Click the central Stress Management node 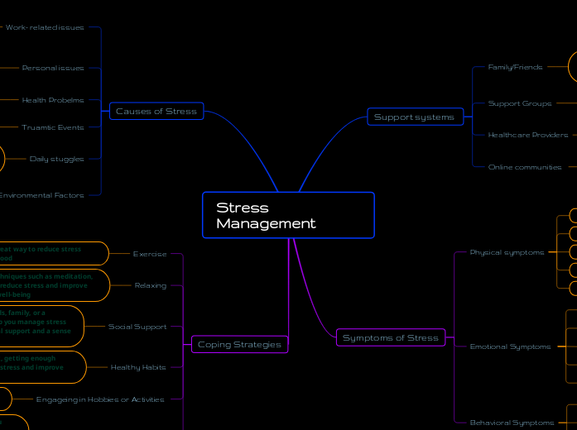pyautogui.click(x=288, y=215)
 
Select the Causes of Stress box pyautogui.click(x=156, y=111)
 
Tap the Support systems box pyautogui.click(x=414, y=117)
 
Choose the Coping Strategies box pyautogui.click(x=239, y=344)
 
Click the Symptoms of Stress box pyautogui.click(x=391, y=337)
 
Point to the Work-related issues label pyautogui.click(x=45, y=27)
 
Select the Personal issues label pyautogui.click(x=53, y=68)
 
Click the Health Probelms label pyautogui.click(x=53, y=100)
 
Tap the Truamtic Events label pyautogui.click(x=53, y=127)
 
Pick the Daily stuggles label pyautogui.click(x=56, y=159)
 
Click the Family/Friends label pyautogui.click(x=515, y=67)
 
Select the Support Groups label pyautogui.click(x=520, y=103)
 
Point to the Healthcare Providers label pyautogui.click(x=528, y=135)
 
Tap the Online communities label pyautogui.click(x=525, y=167)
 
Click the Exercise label pyautogui.click(x=150, y=254)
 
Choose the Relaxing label pyautogui.click(x=151, y=285)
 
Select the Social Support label pyautogui.click(x=137, y=327)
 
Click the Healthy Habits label pyautogui.click(x=138, y=367)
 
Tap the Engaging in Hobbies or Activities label pyautogui.click(x=100, y=399)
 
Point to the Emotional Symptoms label pyautogui.click(x=510, y=346)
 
